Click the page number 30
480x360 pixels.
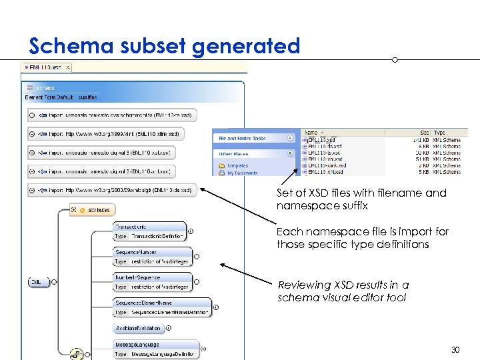(455, 349)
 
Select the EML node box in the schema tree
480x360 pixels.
(39, 282)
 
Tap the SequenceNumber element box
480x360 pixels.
(153, 257)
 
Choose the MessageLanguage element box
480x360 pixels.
(155, 349)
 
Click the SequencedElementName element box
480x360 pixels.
(162, 307)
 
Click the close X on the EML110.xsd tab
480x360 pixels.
(67, 67)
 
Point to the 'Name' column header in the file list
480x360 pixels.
(311, 133)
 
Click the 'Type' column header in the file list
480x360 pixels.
(440, 133)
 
